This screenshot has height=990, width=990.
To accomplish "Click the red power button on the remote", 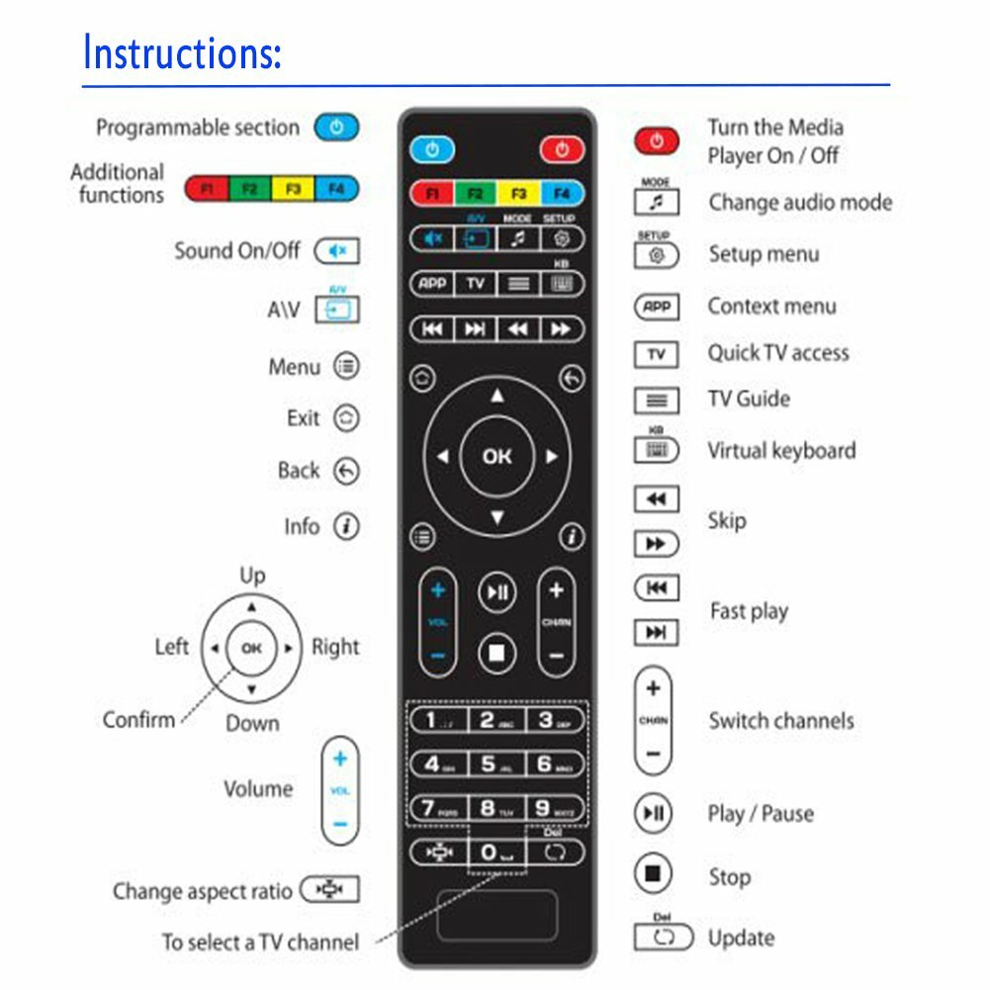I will click(562, 149).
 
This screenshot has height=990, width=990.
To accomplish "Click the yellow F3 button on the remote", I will click(518, 193).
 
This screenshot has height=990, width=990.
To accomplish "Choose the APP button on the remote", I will click(432, 284).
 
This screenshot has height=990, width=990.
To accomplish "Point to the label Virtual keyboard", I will click(781, 451).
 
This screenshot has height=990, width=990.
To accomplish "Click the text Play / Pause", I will click(761, 814).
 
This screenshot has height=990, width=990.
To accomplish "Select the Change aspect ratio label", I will click(203, 891).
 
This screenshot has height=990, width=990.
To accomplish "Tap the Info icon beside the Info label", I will click(345, 526).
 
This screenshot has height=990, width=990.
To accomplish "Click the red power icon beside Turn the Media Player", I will click(657, 140).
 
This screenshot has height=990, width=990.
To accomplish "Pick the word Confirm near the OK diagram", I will click(138, 719).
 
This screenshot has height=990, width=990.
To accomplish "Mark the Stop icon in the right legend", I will click(652, 874).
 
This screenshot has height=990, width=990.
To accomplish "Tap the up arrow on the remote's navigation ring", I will click(497, 397).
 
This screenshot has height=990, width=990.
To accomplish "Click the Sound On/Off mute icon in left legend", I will click(337, 251).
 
